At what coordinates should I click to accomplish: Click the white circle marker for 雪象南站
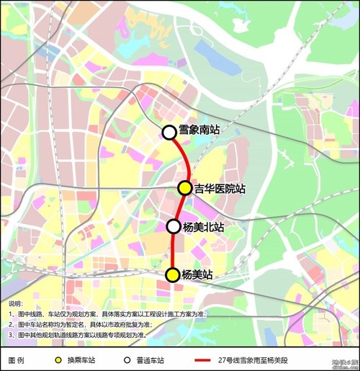click(168, 132)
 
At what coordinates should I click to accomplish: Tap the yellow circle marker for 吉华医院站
click(185, 188)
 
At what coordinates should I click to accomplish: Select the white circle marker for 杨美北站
click(174, 226)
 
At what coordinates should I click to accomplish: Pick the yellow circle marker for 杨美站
click(173, 274)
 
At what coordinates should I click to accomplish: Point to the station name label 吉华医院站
click(220, 189)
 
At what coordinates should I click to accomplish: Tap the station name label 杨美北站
click(203, 227)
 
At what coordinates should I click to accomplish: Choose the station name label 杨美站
click(197, 274)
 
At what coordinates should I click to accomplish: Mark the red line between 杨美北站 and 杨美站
click(174, 251)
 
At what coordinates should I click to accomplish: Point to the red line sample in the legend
click(206, 359)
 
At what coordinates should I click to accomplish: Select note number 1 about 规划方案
click(108, 314)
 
